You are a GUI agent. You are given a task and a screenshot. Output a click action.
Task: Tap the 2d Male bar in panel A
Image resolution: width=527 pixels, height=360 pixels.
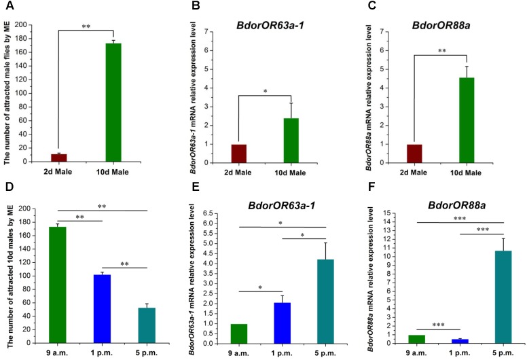(x=59, y=158)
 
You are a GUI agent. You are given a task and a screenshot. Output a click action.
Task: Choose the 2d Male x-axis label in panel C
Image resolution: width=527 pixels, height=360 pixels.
(x=410, y=173)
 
